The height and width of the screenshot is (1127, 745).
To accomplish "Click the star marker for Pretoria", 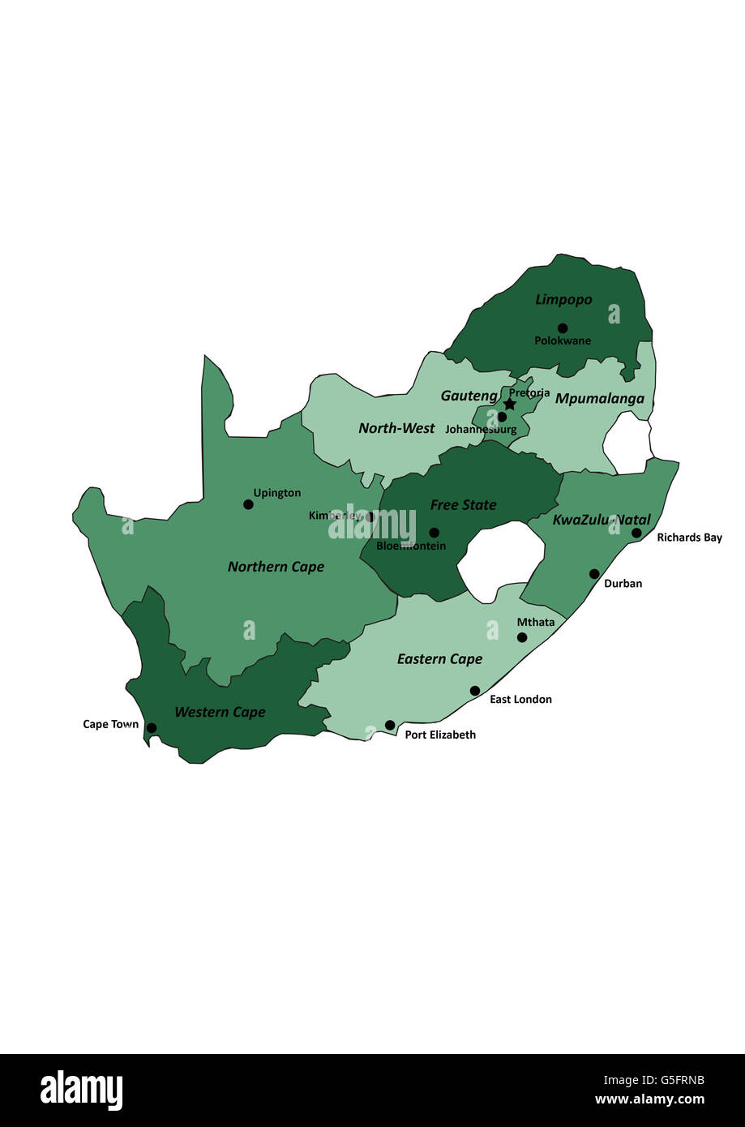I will coord(509,404).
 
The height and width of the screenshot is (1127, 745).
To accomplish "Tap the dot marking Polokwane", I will coord(563,328).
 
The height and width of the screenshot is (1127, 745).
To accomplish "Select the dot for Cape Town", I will coord(152,728).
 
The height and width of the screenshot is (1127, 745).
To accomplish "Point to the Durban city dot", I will coord(594,574).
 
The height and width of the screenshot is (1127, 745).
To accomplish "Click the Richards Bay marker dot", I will coord(636,533).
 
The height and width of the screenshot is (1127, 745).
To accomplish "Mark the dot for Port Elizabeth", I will coord(390,725).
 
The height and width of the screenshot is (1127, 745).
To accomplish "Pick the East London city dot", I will coord(475,691).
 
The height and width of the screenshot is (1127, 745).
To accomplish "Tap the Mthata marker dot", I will coord(522,637).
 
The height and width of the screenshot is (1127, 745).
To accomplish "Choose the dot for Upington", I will coord(248,504).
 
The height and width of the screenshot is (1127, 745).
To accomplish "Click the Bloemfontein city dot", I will coord(434,533).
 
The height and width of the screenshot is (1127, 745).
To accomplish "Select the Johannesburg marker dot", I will coord(502,417).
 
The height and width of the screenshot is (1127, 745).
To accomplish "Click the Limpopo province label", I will coord(563,300).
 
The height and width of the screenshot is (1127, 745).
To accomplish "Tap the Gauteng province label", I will coord(469,396).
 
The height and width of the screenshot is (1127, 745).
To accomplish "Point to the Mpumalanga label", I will coord(599,398).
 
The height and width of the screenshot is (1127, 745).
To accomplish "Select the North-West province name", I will coord(396,428).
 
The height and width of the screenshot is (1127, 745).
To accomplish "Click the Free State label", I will coord(463,505).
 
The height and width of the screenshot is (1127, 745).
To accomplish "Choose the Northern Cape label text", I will coord(276,567).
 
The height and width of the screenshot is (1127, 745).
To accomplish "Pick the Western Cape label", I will coord(220,712).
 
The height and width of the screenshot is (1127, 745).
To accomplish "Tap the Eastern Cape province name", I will coord(439,659).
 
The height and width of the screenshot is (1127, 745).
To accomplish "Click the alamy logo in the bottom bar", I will coord(82,1091).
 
